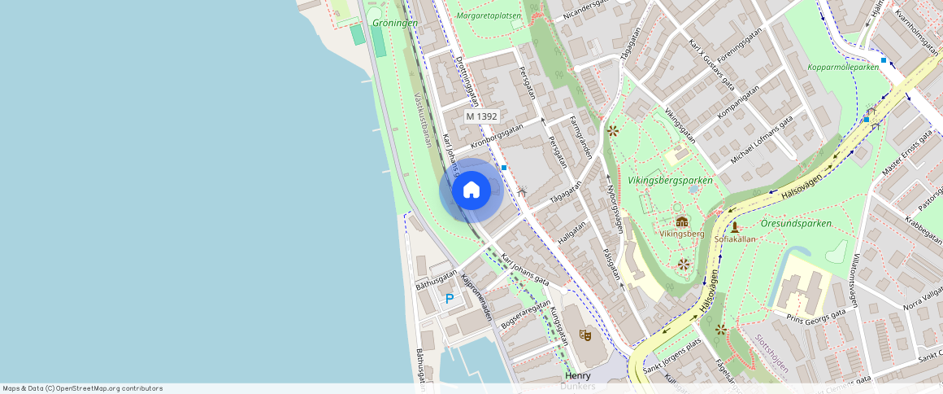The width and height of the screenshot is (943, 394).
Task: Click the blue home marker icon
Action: click(471, 190)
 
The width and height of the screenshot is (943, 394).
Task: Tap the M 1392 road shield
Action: click(481, 116)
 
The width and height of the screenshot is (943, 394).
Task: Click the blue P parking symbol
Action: click(450, 299)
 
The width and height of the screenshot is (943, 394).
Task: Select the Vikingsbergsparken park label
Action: click(670, 180)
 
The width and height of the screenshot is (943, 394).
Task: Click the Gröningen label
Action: click(395, 23)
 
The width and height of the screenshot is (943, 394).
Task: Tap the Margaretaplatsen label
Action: click(489, 15)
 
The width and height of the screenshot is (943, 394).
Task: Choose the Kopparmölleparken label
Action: click(844, 68)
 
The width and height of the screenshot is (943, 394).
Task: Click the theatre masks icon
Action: click(585, 334)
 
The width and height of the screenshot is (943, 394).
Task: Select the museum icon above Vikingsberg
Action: click(681, 221)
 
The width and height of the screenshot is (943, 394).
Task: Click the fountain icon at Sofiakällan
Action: click(734, 227)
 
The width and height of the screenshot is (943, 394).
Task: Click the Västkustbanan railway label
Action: click(423, 120)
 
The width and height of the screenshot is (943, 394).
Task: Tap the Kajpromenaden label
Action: click(477, 296)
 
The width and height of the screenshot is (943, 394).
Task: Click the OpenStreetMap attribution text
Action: click(82, 388)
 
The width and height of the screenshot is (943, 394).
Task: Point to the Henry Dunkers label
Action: click(578, 380)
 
